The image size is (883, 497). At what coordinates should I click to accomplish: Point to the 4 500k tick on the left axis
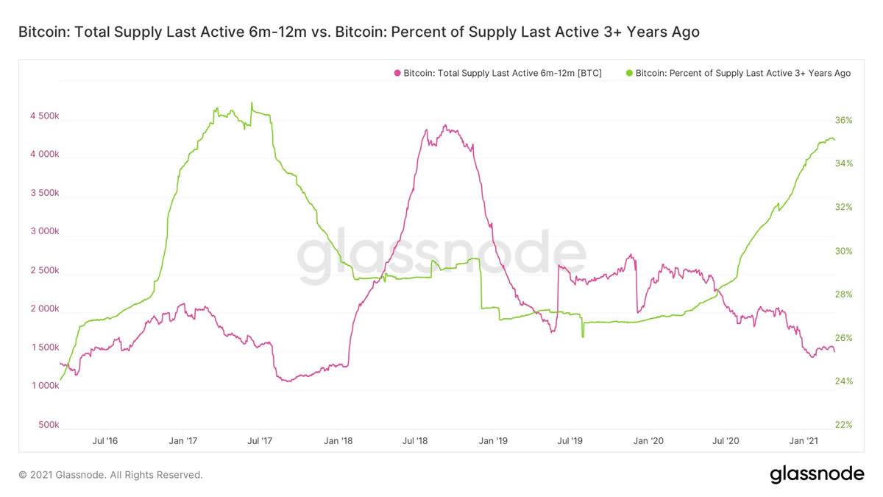point(44,116)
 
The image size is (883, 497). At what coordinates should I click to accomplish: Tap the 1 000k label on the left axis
point(44,386)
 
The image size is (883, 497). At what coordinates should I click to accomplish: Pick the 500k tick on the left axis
point(49,425)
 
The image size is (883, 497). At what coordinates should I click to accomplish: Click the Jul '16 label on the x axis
point(104,441)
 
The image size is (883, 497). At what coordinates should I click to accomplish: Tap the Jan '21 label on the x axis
point(803,441)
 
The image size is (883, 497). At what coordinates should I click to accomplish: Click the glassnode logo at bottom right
point(817,474)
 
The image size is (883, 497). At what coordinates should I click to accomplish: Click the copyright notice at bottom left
point(110,475)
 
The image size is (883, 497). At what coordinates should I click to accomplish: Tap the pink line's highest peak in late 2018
point(445,126)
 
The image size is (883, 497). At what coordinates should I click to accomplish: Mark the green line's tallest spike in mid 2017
point(252,103)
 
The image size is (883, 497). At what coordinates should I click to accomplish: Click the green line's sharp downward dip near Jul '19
point(582,336)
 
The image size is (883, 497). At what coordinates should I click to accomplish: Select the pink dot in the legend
point(398,74)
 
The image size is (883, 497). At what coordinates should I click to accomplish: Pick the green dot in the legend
point(629,74)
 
